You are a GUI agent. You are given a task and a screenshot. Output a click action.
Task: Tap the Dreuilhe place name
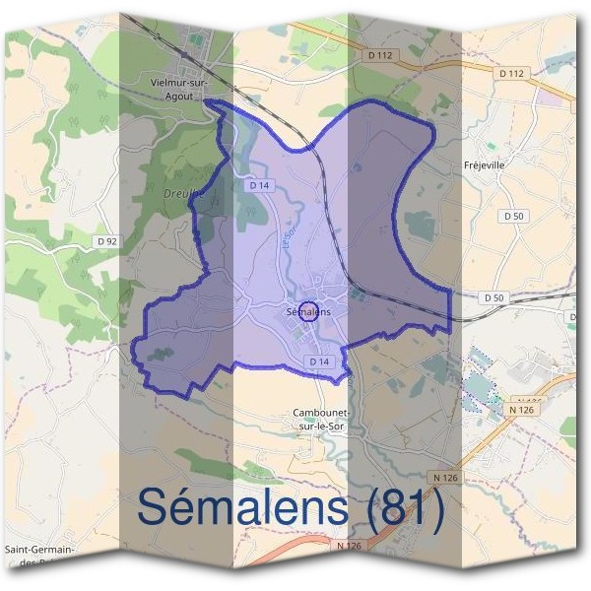coord(180,194)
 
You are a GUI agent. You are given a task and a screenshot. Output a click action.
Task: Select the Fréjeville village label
coord(484,165)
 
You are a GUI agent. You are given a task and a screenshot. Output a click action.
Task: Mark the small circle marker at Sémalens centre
coord(307,311)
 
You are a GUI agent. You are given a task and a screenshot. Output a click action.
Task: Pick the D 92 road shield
coord(107,240)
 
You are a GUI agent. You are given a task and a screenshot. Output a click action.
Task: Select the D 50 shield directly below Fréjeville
coord(512,216)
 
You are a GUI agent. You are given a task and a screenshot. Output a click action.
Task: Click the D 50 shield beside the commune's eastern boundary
coord(493,297)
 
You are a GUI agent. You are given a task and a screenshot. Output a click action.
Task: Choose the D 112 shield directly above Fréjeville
coord(511,74)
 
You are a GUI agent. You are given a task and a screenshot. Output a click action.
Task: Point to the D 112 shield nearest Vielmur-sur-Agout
coord(382,55)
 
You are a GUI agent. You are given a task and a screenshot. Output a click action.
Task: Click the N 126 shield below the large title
coord(350,546)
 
